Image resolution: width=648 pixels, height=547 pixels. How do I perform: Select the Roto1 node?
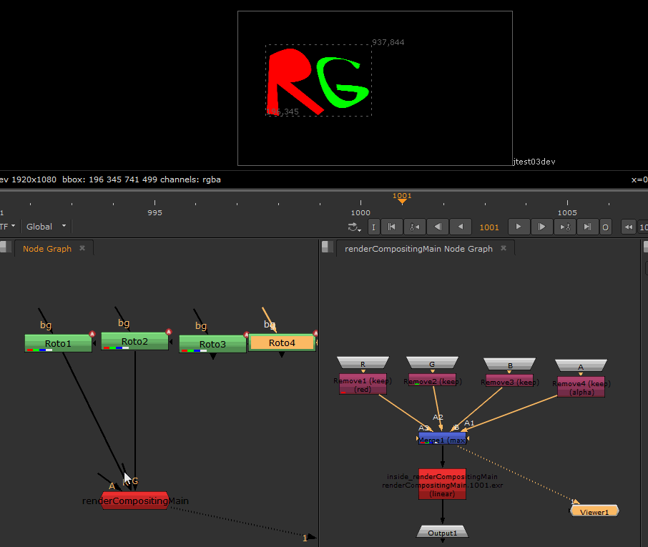(58, 343)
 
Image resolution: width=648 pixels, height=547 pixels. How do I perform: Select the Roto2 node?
(134, 341)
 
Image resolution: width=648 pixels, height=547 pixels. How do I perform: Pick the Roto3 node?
(212, 344)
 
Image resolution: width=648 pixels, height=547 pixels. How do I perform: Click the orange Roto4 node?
(282, 343)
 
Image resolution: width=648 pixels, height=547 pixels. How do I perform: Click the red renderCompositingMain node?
(135, 501)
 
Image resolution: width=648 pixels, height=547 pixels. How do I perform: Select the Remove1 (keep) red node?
(363, 385)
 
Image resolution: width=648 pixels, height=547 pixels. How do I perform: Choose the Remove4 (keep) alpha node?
(581, 387)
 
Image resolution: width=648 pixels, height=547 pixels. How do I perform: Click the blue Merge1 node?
(442, 438)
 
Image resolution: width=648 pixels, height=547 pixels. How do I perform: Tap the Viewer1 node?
(594, 511)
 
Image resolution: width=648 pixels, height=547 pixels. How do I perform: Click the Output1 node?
(442, 533)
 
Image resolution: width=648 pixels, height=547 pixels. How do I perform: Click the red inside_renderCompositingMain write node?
(442, 485)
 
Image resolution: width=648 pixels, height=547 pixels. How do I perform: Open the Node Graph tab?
(47, 248)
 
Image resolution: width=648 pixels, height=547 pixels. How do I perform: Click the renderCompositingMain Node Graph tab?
(418, 248)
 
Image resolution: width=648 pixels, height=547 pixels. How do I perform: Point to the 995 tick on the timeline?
(154, 212)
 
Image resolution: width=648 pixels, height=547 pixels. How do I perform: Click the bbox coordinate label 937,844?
(388, 42)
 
